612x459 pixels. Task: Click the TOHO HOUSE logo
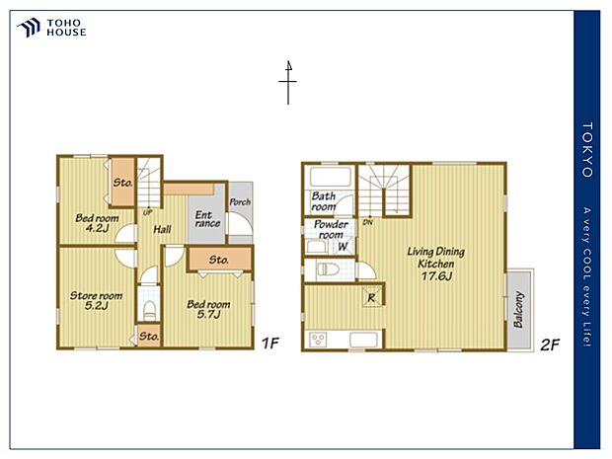click(52, 28)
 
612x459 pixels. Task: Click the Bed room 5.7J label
click(208, 310)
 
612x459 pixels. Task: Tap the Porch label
click(239, 202)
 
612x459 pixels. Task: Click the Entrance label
click(206, 219)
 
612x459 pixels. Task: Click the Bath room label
click(325, 202)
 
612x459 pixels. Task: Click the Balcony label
click(519, 310)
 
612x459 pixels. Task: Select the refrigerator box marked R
click(371, 297)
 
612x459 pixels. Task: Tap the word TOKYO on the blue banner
click(588, 150)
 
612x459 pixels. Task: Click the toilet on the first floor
click(148, 308)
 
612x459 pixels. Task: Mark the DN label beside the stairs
click(366, 222)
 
